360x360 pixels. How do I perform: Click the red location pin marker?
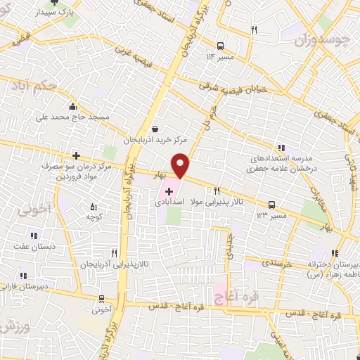point(181,165)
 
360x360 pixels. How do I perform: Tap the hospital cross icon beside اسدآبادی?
point(169,191)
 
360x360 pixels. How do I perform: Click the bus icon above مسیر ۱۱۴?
point(221,42)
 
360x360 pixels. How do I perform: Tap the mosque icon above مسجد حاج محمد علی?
point(72,106)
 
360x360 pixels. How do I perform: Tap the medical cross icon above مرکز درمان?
point(76,155)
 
